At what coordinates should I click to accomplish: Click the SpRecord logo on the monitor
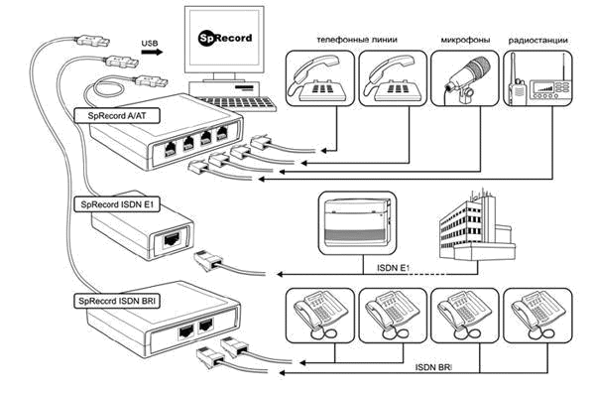225,38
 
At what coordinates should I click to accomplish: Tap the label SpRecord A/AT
117,115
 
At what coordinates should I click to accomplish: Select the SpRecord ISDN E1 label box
117,204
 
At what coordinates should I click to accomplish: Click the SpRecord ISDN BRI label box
117,301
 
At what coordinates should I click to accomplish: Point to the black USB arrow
152,52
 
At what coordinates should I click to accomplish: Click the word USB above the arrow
150,44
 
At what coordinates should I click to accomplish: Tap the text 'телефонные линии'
357,40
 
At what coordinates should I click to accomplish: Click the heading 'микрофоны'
465,40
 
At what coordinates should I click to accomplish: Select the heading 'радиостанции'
538,40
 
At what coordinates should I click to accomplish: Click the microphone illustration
467,77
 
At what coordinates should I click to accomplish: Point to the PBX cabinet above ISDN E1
357,222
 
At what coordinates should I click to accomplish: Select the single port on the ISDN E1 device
172,239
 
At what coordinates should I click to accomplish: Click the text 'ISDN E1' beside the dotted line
394,268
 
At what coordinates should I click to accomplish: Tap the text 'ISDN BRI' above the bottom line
433,367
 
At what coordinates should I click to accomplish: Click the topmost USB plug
93,41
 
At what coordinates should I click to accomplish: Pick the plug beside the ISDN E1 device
207,260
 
